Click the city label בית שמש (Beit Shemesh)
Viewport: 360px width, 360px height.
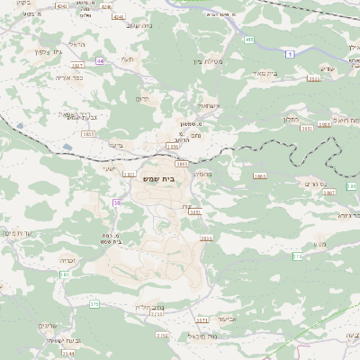click(161, 180)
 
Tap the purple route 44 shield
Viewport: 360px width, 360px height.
click(100, 60)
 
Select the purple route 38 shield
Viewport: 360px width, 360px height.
click(117, 203)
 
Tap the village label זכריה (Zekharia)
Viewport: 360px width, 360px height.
click(67, 261)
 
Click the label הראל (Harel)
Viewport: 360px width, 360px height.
click(76, 43)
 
